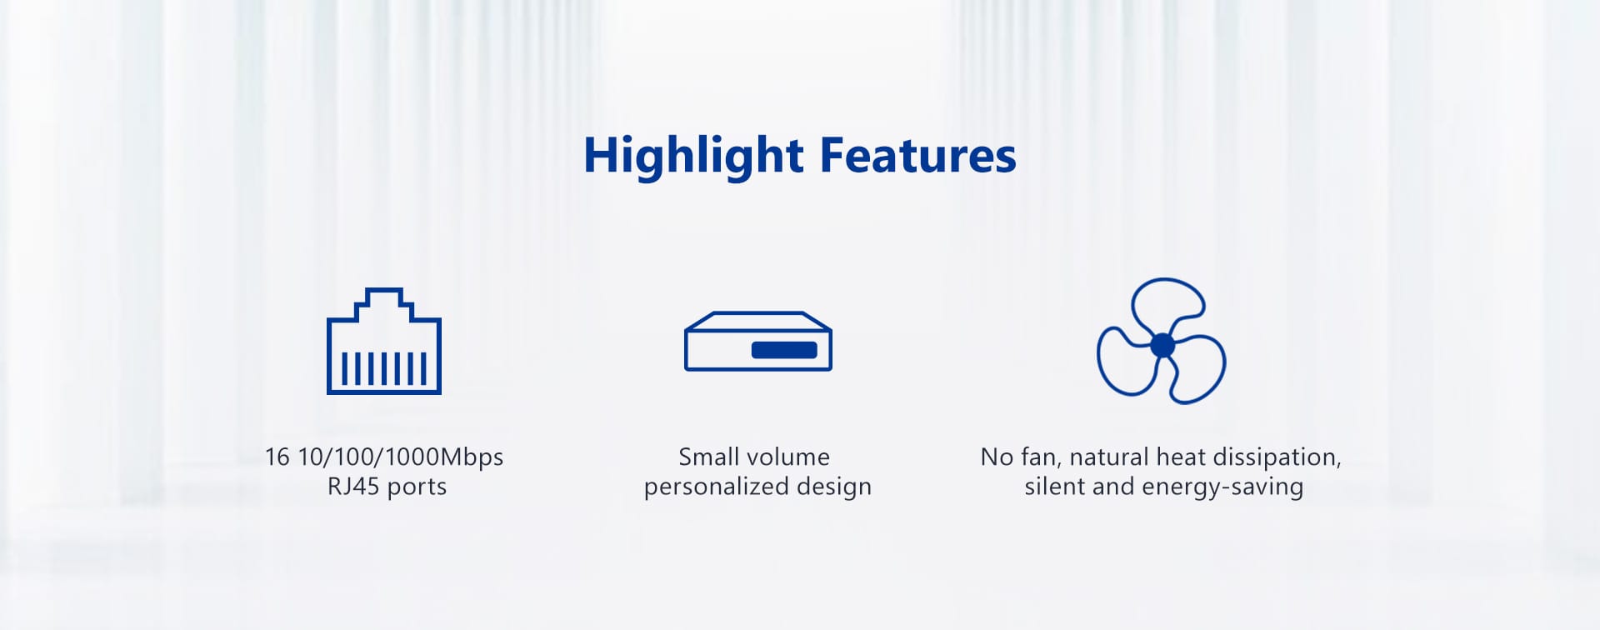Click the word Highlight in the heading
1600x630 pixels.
693,157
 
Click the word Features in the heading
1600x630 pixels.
918,156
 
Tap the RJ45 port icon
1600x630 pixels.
384,341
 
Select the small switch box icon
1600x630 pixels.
758,341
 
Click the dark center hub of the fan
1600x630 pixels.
1162,344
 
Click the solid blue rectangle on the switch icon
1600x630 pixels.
784,350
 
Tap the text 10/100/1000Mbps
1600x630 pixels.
400,457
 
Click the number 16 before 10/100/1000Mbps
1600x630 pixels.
277,457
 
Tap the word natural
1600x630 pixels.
1107,457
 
